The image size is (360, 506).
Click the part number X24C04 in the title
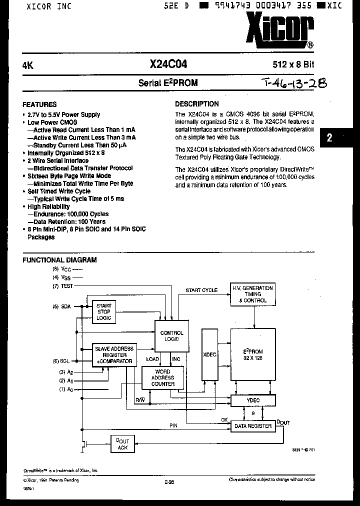tap(168, 64)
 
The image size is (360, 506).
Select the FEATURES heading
tap(39, 104)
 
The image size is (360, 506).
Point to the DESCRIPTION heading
tap(196, 104)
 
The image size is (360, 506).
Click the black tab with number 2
tap(329, 138)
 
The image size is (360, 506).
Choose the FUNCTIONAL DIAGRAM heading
tap(60, 260)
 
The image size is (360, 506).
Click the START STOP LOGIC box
tap(104, 312)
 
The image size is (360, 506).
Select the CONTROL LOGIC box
tap(171, 336)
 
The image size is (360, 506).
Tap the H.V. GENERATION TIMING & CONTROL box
tap(253, 294)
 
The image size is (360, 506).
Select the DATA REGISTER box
tap(253, 426)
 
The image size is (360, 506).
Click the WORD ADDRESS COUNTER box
tap(163, 378)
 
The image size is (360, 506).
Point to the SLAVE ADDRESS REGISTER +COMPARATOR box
tap(114, 354)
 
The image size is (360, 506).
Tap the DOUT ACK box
tap(122, 444)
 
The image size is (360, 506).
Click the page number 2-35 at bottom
tap(169, 482)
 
